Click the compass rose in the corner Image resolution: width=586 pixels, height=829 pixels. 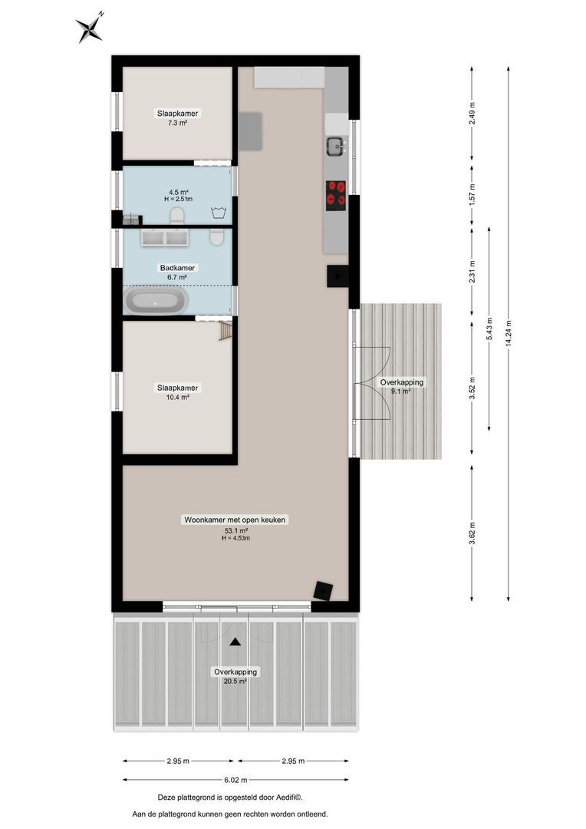point(90,28)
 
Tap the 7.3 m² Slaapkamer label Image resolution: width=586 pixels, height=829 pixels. point(177,117)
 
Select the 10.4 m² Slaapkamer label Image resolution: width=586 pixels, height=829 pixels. point(177,392)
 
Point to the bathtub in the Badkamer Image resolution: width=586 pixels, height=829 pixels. point(156,302)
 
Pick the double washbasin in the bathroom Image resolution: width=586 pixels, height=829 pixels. point(165,238)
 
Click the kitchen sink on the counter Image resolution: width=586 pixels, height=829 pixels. point(335,145)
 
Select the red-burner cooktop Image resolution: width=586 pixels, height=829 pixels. point(336,195)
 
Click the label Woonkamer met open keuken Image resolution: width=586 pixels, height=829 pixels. point(235,520)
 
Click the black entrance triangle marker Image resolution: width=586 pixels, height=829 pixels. point(235,641)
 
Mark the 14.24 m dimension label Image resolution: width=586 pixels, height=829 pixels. point(508,334)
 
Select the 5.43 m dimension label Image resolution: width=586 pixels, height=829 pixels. point(489,329)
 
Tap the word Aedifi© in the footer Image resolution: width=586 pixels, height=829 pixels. point(298,798)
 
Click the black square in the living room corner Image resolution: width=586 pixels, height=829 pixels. point(323,590)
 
